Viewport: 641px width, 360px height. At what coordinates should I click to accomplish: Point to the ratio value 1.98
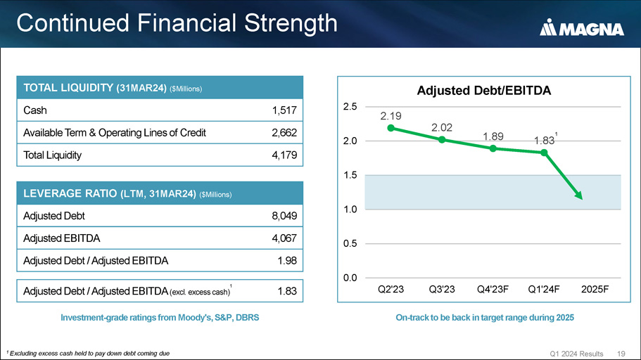click(x=286, y=261)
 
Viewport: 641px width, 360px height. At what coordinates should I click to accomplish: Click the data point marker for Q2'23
click(x=391, y=128)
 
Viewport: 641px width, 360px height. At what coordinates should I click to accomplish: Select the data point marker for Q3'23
click(x=442, y=139)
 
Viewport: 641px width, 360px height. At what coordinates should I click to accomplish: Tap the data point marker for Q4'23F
click(x=493, y=148)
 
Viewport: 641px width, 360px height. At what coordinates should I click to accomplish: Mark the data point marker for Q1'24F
click(x=545, y=153)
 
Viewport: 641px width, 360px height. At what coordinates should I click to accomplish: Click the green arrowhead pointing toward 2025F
click(x=579, y=196)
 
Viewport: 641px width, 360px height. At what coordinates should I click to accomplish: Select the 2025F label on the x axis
click(x=595, y=289)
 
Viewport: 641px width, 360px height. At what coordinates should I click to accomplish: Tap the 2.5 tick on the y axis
click(x=350, y=106)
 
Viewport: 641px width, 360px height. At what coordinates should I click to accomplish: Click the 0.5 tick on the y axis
click(x=350, y=243)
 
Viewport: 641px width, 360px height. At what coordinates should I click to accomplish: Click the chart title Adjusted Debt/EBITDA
click(x=483, y=91)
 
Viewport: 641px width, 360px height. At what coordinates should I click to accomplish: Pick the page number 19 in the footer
click(x=621, y=352)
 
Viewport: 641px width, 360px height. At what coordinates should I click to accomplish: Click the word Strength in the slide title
click(x=290, y=23)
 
